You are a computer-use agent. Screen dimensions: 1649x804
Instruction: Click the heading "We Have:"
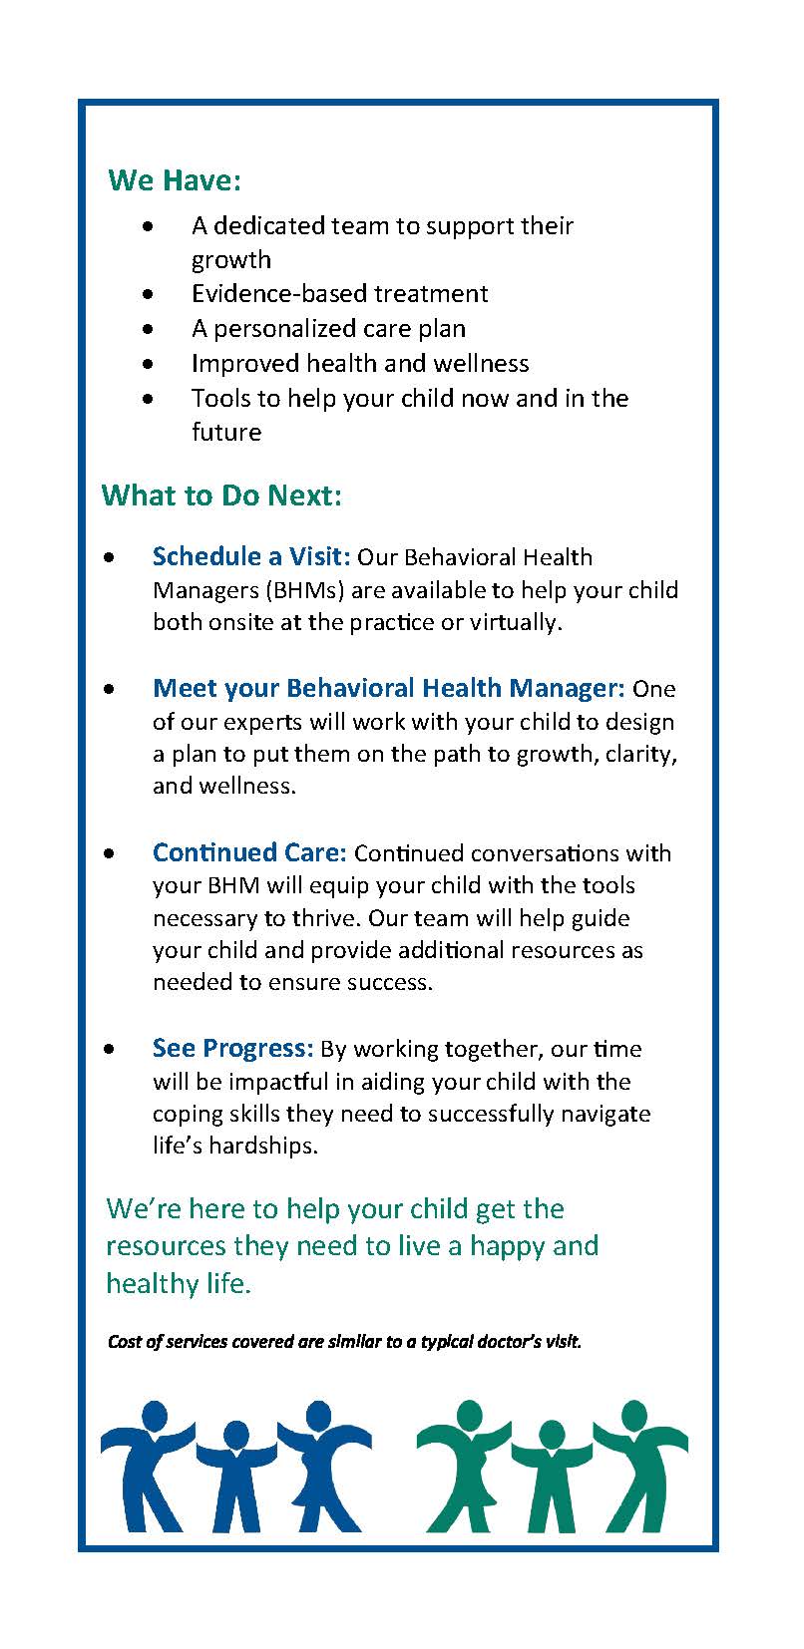click(x=175, y=180)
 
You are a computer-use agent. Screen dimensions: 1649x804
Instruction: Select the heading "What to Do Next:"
click(x=221, y=495)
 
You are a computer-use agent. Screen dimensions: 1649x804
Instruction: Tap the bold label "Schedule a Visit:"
click(x=250, y=556)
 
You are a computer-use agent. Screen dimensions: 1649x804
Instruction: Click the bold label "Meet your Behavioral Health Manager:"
click(x=388, y=688)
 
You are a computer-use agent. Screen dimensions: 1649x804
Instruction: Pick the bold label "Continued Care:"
click(x=249, y=852)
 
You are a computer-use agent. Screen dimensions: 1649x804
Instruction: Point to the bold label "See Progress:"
click(x=232, y=1048)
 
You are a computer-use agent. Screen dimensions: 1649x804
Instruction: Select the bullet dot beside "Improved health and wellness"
click(x=149, y=364)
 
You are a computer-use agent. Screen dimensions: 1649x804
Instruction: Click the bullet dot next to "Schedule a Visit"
click(x=110, y=557)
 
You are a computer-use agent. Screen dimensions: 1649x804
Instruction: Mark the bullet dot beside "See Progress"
click(x=110, y=1049)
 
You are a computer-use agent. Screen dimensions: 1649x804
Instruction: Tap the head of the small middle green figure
click(x=552, y=1435)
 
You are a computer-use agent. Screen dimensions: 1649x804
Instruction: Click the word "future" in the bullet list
click(x=226, y=433)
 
